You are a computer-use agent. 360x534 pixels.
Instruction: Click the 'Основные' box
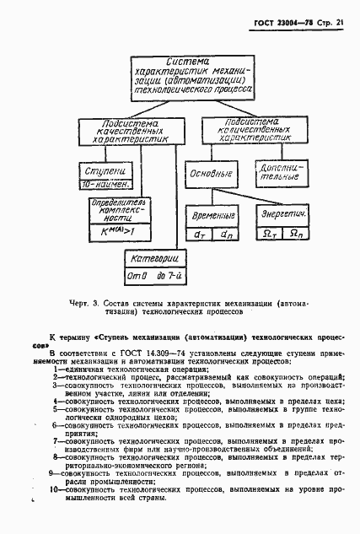click(215, 174)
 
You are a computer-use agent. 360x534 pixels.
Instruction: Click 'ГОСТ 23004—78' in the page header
click(282, 24)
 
